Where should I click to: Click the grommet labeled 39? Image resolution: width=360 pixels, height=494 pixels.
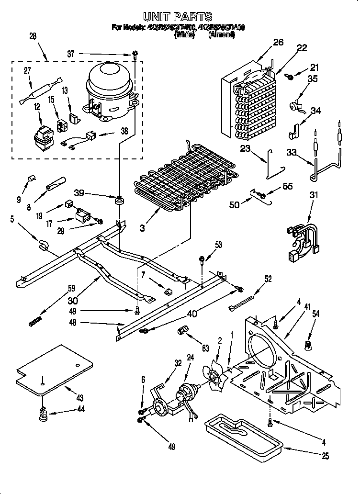pos(118,199)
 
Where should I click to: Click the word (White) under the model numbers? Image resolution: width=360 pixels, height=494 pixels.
pos(184,34)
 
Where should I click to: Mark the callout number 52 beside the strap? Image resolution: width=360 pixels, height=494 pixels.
pos(268,279)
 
